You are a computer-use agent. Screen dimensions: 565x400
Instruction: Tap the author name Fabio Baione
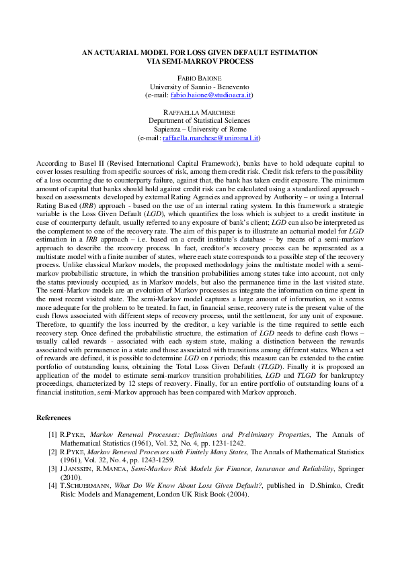(200, 79)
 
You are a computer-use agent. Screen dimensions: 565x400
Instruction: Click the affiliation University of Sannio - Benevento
(200, 87)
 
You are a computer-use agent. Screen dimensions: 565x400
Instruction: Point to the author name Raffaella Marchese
(200, 112)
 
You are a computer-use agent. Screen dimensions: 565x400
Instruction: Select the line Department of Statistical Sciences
(200, 121)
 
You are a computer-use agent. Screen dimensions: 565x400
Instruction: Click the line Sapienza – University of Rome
(200, 129)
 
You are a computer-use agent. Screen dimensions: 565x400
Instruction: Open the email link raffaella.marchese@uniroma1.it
(211, 138)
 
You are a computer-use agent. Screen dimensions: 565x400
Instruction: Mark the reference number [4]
(52, 484)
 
